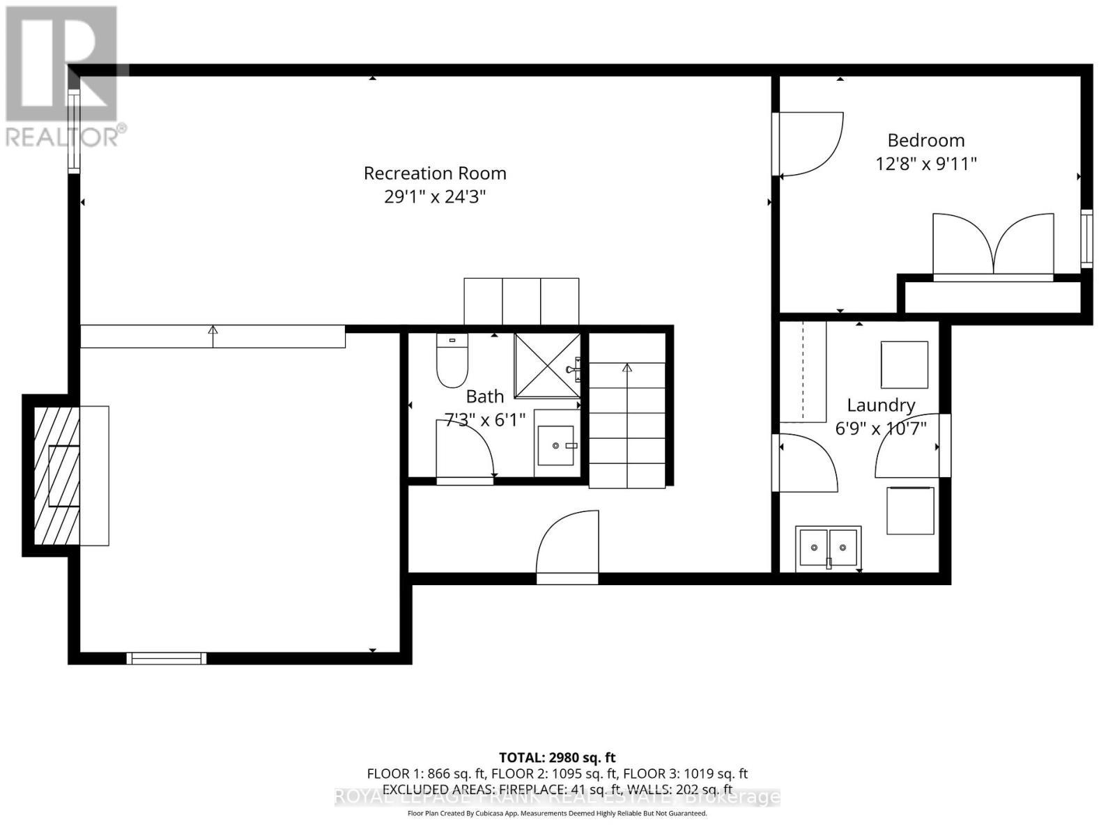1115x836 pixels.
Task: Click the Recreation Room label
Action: [x=435, y=173]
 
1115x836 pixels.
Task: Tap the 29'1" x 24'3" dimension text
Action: [x=435, y=197]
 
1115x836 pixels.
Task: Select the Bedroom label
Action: [x=925, y=140]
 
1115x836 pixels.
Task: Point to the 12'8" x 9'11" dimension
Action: [x=925, y=164]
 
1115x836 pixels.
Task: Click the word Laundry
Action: [x=880, y=405]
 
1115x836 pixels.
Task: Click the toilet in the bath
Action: [x=452, y=361]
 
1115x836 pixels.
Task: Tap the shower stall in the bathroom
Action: [x=547, y=365]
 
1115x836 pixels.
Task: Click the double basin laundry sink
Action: [x=828, y=547]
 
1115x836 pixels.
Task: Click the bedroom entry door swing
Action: [x=810, y=144]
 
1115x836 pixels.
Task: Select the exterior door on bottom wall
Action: [x=567, y=547]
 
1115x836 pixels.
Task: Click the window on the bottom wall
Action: [x=167, y=658]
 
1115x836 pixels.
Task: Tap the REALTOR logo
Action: [x=63, y=77]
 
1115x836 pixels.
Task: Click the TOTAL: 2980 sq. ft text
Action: [x=557, y=757]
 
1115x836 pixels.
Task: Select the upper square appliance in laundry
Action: [x=904, y=364]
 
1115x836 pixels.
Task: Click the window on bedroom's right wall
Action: [x=1086, y=238]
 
